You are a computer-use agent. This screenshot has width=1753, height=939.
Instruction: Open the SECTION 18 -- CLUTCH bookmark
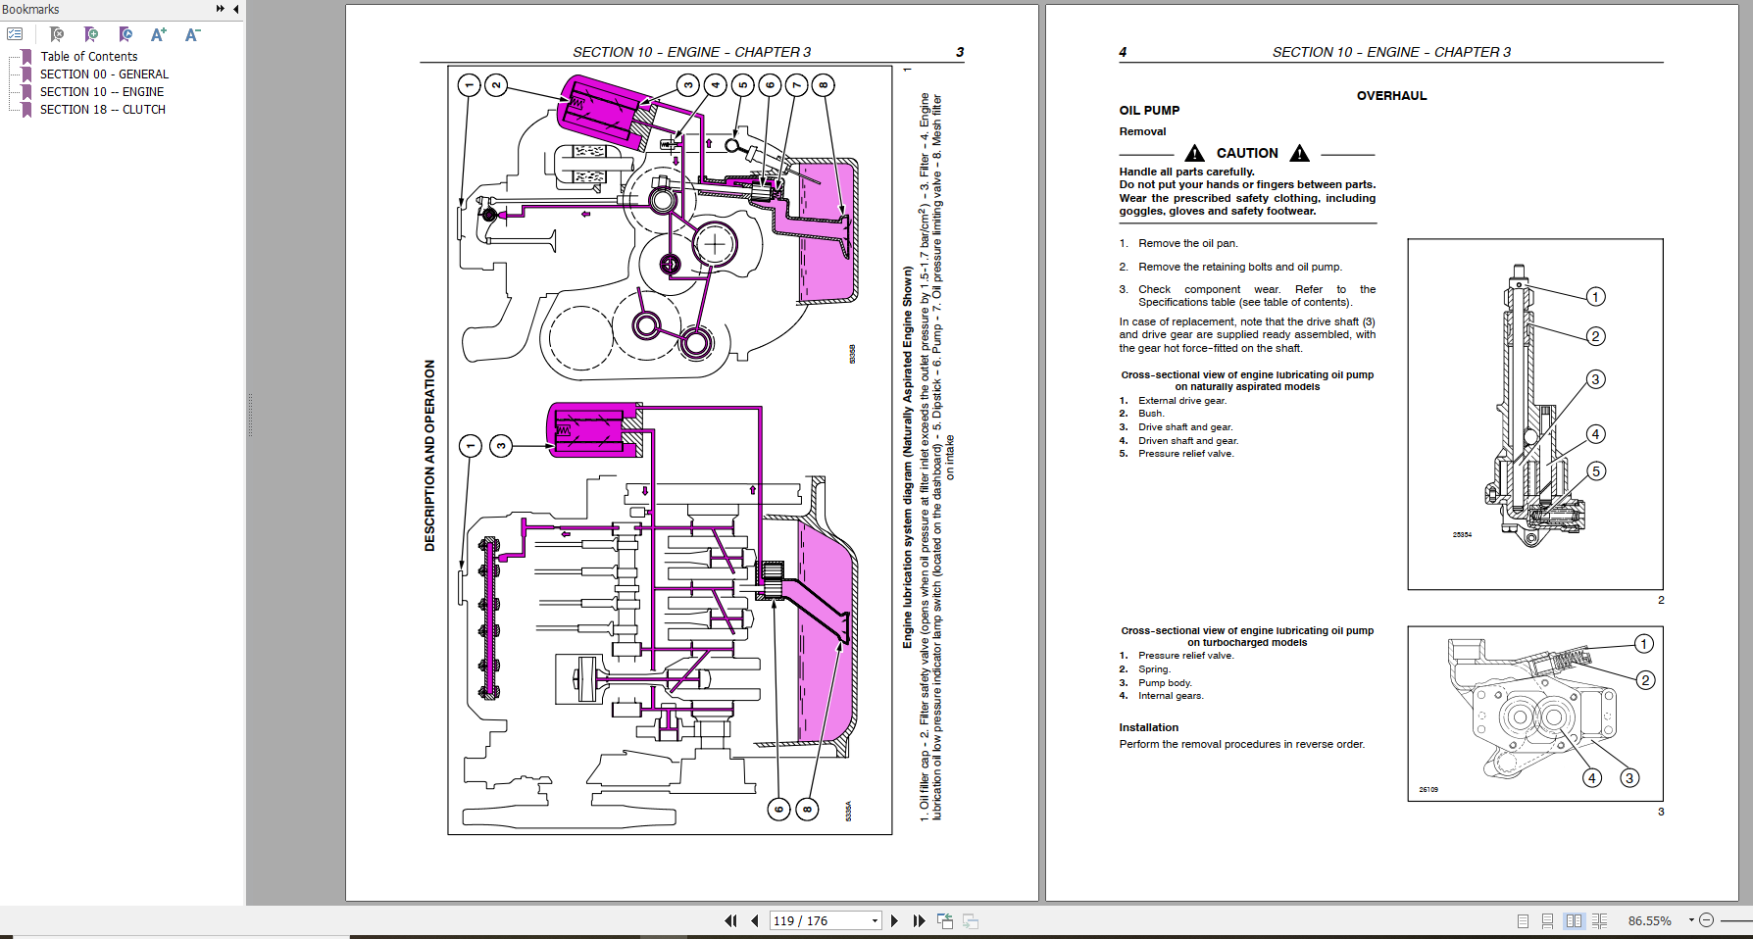point(102,110)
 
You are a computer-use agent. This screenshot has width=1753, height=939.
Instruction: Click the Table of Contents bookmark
point(88,57)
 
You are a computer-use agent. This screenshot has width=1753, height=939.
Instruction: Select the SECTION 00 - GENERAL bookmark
point(104,74)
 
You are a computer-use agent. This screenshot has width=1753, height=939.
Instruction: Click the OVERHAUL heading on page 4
point(1391,96)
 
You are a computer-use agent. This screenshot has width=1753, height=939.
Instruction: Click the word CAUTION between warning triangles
point(1247,153)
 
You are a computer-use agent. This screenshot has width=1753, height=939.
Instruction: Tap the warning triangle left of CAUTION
point(1194,153)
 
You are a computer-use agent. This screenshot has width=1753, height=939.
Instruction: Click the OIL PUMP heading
point(1149,111)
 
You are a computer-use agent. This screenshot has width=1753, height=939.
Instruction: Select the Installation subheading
point(1148,727)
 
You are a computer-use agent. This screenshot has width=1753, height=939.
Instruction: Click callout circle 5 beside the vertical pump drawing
point(1595,471)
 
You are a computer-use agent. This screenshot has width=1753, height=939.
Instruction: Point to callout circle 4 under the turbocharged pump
point(1592,778)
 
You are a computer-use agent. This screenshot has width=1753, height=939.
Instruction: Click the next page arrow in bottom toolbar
point(894,920)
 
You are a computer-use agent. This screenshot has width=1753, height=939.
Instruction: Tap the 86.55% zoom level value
point(1649,920)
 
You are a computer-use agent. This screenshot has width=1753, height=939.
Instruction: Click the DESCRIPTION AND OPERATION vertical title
point(429,455)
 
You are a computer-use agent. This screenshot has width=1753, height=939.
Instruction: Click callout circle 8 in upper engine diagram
point(823,85)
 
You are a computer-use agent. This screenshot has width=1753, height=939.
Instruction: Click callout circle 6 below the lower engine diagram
point(778,810)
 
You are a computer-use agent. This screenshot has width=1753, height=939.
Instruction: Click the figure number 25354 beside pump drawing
point(1462,534)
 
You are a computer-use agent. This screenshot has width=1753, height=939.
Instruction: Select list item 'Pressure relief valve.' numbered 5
point(1185,454)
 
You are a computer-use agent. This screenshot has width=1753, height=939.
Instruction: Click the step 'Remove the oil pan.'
point(1187,243)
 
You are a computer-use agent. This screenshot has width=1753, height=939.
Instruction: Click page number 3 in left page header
point(960,52)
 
